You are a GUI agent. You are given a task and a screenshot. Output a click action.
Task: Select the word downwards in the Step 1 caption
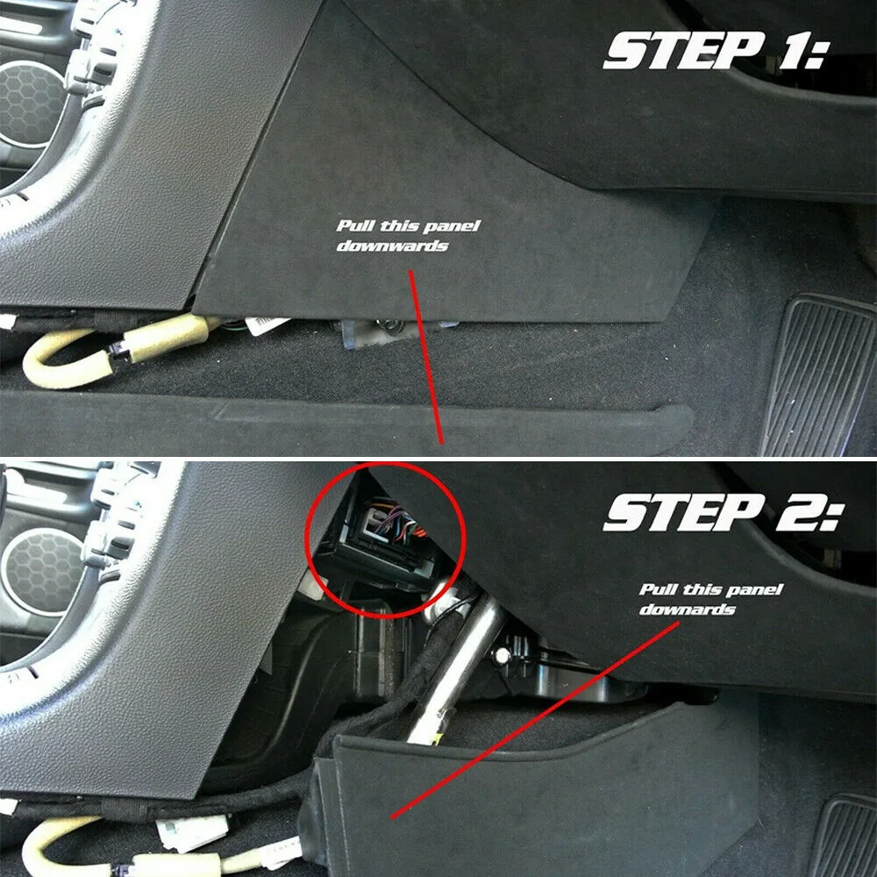coord(392,246)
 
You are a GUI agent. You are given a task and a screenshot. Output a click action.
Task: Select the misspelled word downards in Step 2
coord(687,609)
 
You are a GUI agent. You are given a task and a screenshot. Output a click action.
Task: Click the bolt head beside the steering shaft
coord(503,654)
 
